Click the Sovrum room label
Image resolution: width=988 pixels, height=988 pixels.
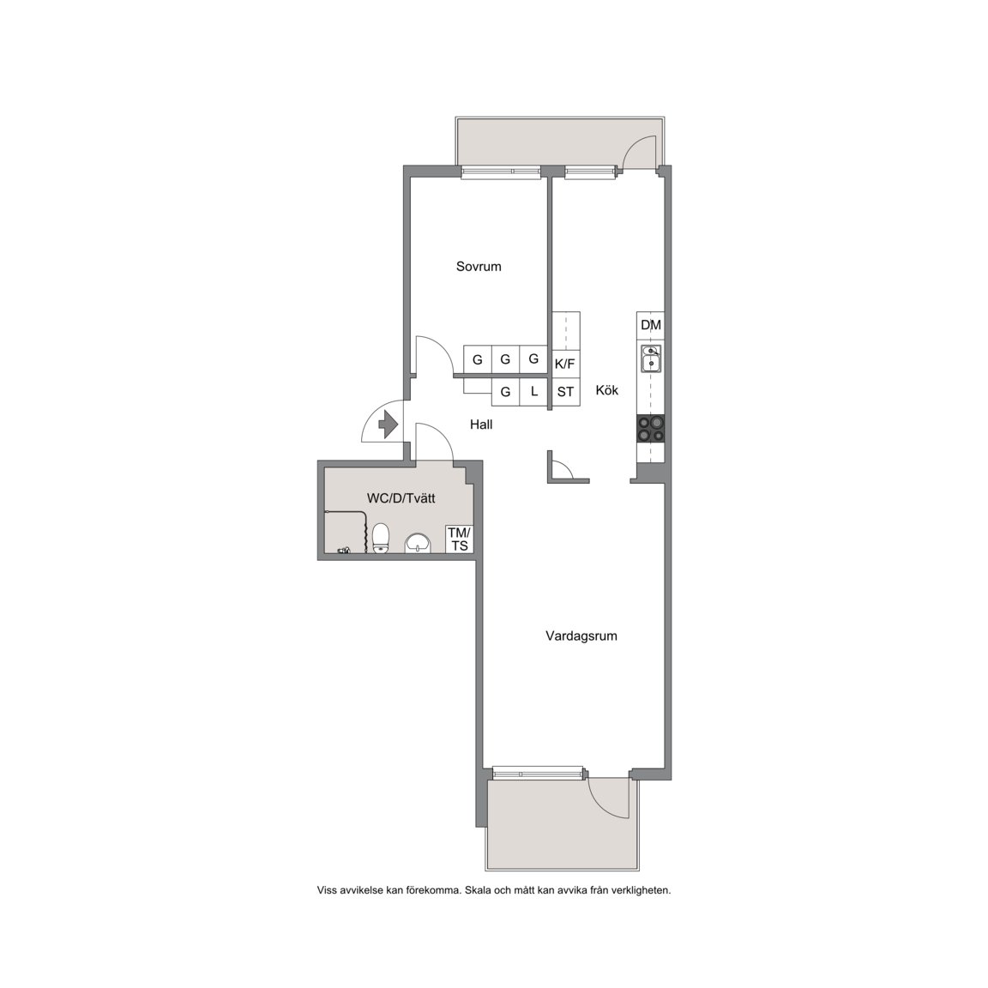[479, 267]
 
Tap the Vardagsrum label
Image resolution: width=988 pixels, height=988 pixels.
[581, 636]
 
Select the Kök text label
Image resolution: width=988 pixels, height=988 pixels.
[607, 391]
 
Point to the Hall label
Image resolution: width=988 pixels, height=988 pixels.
[481, 425]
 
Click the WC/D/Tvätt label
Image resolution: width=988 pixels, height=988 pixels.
[401, 498]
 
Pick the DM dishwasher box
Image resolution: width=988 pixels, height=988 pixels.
[651, 325]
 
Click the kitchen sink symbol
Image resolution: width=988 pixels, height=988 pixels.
[651, 358]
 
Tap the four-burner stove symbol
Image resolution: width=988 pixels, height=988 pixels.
[651, 429]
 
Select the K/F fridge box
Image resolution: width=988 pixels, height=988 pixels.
[566, 364]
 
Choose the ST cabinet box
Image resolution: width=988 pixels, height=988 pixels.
[566, 392]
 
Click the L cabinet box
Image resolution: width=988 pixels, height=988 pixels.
[534, 392]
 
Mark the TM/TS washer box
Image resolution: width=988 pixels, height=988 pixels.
[460, 540]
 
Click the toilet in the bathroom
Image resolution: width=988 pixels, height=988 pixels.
[381, 538]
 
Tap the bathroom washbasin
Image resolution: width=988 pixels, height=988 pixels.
[418, 543]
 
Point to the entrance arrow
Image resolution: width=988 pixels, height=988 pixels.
[388, 424]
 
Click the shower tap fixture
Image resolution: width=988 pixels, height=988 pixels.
[343, 550]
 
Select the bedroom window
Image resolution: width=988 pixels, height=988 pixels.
[501, 172]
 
